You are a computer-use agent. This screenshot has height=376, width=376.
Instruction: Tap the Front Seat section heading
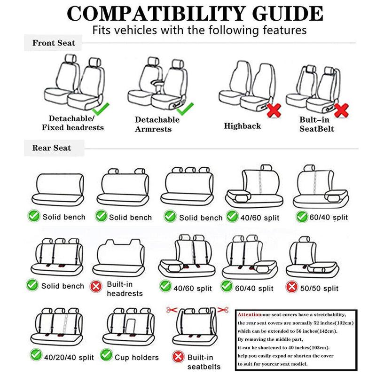coord(54,43)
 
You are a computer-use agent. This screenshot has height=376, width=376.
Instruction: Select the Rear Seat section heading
coord(52,148)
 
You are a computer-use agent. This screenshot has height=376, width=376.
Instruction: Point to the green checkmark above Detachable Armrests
coord(185,109)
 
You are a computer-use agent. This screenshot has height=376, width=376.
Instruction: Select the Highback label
coord(242,126)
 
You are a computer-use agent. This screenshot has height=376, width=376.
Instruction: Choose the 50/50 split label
coord(321,287)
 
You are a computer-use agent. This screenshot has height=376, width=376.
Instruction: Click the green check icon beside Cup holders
coord(107,355)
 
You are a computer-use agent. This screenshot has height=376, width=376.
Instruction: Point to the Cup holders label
coord(137,358)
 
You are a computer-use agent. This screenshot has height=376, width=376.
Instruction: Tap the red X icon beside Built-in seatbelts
coord(177,356)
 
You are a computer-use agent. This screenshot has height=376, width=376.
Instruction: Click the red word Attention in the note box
coord(247,314)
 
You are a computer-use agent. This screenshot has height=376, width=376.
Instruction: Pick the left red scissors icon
coord(171,309)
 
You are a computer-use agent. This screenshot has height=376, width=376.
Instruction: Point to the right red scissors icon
coord(224,309)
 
